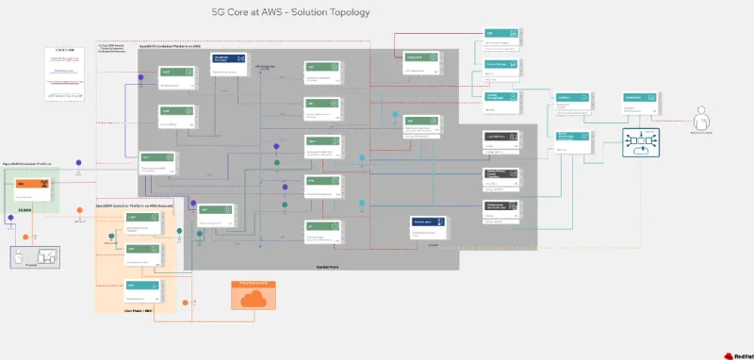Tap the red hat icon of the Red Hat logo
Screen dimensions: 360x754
tap(729, 354)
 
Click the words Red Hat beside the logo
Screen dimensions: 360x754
tap(743, 354)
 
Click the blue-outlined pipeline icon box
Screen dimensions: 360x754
tap(640, 144)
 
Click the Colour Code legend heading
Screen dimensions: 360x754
tap(66, 49)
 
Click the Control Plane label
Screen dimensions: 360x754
tap(327, 267)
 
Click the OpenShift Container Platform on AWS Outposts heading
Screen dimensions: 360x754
tap(135, 205)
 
